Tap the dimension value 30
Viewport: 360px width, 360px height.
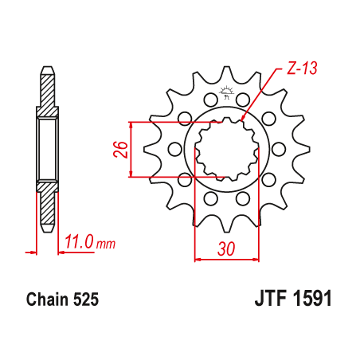[x=227, y=248]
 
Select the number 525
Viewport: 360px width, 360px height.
[x=85, y=300]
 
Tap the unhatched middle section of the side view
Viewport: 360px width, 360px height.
[x=47, y=149]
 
